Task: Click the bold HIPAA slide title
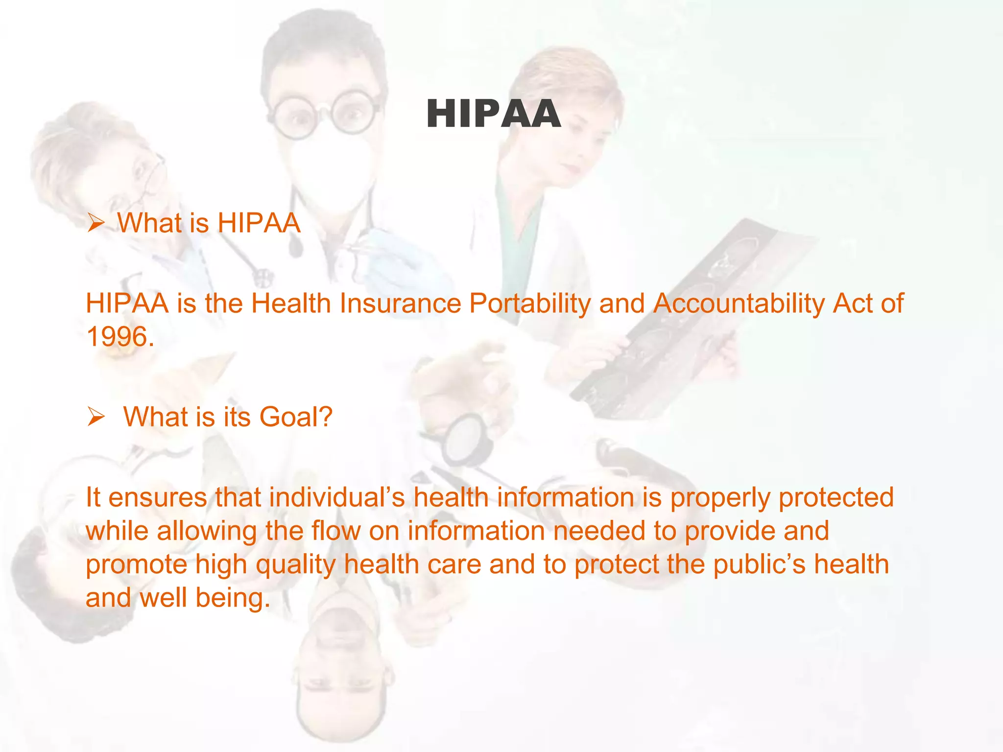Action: [493, 114]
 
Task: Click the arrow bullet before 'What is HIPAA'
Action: [96, 224]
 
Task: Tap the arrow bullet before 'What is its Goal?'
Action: [96, 417]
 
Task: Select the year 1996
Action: [119, 337]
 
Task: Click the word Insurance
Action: [400, 304]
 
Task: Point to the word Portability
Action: [530, 304]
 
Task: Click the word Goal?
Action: [296, 417]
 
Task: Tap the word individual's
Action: [337, 497]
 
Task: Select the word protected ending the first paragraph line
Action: [836, 497]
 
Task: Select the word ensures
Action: [157, 497]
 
